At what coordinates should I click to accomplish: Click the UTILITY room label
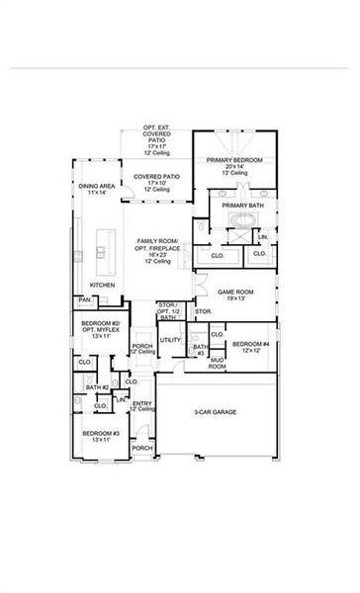tap(171, 341)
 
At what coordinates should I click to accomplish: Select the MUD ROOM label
tap(217, 364)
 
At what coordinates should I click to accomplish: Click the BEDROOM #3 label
tap(101, 434)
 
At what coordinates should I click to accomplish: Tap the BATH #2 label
tap(96, 386)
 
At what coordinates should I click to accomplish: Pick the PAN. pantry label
tap(85, 300)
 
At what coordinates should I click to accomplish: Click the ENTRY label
tap(142, 403)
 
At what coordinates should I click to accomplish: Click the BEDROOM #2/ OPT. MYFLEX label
tap(101, 327)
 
